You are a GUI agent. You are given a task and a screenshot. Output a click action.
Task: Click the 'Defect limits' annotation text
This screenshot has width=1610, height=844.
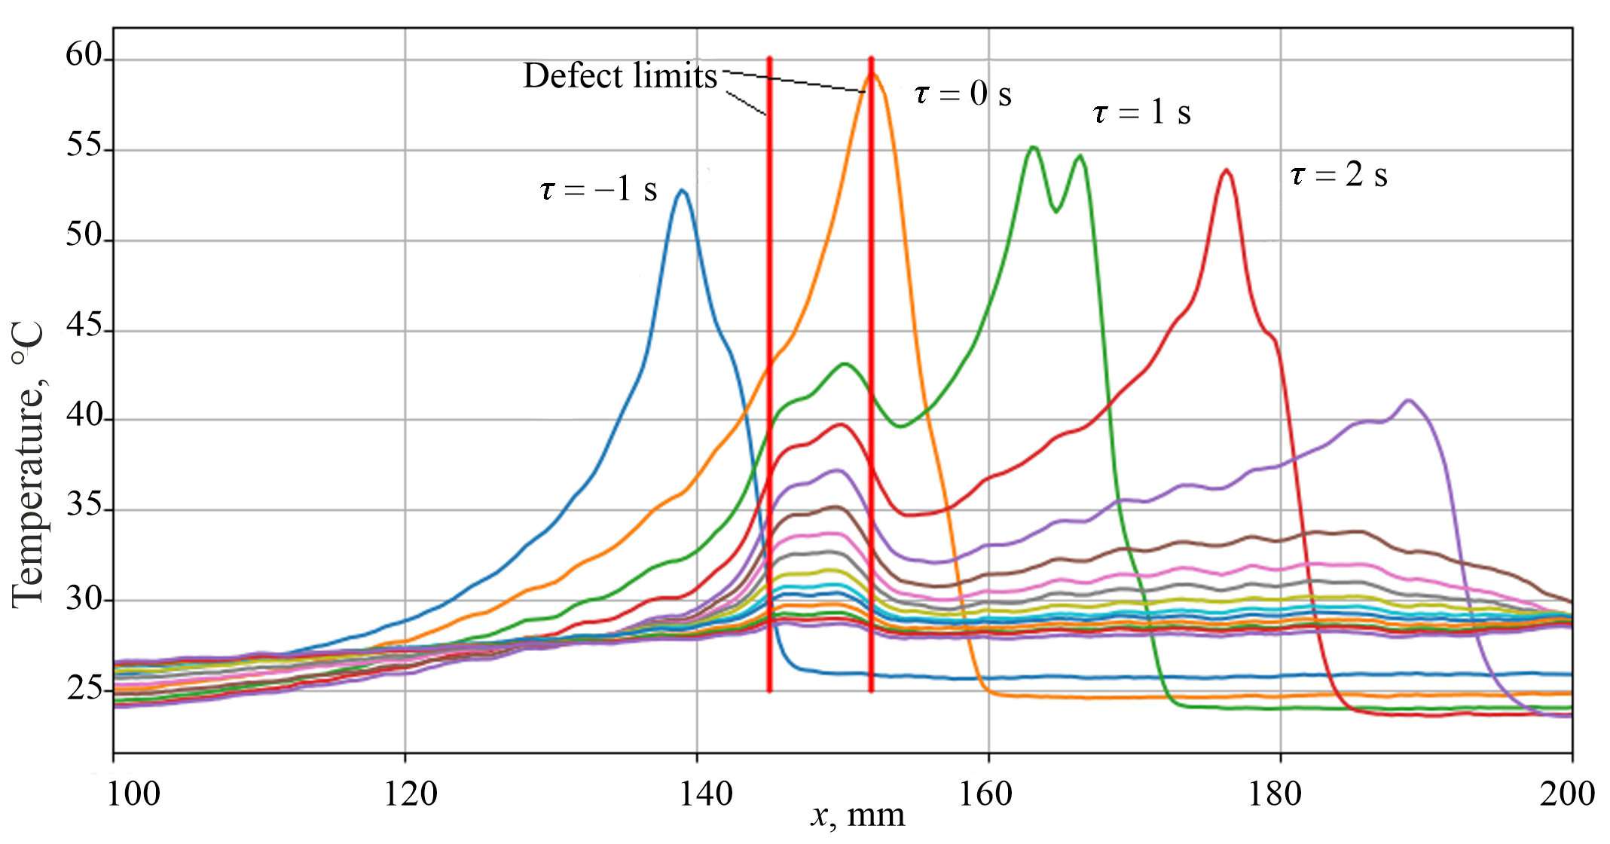620,76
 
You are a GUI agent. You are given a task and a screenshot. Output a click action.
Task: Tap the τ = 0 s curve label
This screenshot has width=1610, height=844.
962,94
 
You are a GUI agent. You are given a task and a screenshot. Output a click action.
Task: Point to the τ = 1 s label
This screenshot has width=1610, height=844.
1141,113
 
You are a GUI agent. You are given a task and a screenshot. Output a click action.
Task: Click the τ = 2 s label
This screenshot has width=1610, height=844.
1339,176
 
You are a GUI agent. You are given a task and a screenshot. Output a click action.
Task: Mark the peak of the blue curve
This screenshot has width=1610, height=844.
683,191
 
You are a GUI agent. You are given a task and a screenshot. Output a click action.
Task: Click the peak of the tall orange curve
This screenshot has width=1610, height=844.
873,74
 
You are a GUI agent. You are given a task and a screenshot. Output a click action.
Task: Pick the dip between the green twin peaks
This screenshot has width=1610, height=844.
1056,211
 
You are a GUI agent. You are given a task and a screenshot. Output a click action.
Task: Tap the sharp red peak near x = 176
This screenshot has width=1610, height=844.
1227,170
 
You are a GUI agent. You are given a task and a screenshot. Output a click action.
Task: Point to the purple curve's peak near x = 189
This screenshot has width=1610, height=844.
1408,400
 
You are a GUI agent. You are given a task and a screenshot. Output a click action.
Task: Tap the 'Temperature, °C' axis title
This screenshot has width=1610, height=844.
29,463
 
